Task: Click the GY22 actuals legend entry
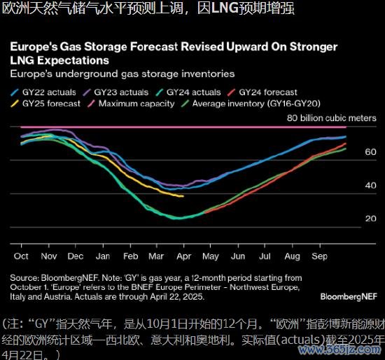point(43,92)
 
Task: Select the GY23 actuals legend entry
point(115,92)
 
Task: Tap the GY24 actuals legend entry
point(188,92)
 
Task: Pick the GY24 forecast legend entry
point(262,92)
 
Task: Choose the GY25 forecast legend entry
point(45,104)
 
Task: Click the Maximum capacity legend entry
point(131,104)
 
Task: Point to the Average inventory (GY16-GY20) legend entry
point(251,104)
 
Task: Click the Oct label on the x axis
point(21,256)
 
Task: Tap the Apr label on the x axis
point(183,257)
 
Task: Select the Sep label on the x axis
point(319,257)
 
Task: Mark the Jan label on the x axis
point(103,256)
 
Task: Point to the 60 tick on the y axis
point(370,152)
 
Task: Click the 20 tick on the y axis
point(370,219)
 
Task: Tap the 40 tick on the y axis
point(370,186)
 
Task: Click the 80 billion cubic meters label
point(332,118)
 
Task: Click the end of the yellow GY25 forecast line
point(183,196)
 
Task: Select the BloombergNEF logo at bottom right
point(349,296)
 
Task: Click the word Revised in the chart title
point(201,46)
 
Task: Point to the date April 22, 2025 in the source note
point(176,297)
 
